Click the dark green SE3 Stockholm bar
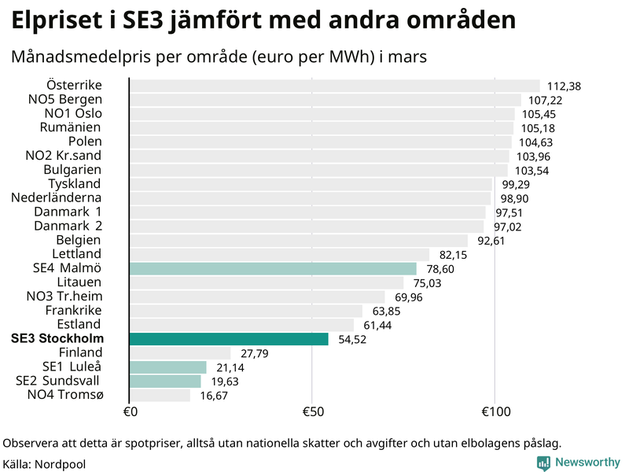point(228,339)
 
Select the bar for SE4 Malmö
point(272,269)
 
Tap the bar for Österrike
point(334,86)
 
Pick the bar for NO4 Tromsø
point(160,395)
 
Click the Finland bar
point(180,353)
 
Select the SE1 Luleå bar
point(167,367)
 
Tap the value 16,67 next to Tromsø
point(213,396)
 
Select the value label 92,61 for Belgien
point(491,241)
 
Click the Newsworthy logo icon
point(543,463)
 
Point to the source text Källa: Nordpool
point(44,464)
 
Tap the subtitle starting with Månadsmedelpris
point(218,57)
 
